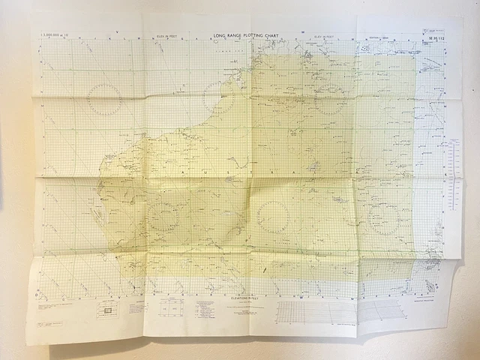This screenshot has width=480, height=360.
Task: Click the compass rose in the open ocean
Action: [x=104, y=98]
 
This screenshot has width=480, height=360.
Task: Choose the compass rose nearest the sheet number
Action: [x=331, y=98]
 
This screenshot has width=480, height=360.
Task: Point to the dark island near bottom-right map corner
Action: [x=429, y=286]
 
